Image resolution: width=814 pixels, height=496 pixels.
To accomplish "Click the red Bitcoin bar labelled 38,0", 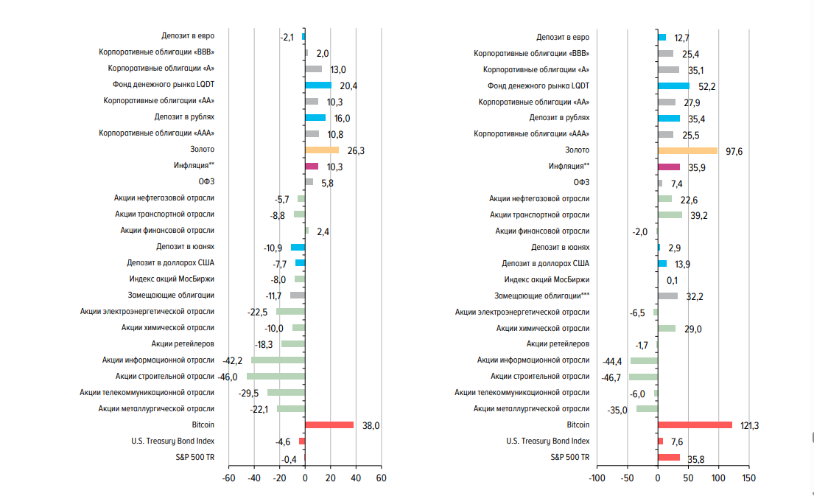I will [329, 425].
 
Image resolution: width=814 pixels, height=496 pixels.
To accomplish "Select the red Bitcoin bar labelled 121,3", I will [695, 425].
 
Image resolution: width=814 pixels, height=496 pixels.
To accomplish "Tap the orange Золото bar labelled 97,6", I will [687, 150].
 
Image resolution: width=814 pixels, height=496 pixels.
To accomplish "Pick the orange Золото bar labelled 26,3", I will [322, 150].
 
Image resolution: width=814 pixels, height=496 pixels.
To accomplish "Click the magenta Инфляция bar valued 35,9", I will [669, 167].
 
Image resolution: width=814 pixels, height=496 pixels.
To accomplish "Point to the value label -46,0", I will [228, 377].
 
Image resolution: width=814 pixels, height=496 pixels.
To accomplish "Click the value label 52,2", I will [707, 86].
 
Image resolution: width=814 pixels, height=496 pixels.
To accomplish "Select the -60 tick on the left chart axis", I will [228, 478].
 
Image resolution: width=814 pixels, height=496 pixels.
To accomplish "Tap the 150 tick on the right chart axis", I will [748, 478].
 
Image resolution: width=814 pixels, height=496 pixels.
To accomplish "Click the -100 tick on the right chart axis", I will [596, 478].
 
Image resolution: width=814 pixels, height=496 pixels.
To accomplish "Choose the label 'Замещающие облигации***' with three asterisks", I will [543, 295].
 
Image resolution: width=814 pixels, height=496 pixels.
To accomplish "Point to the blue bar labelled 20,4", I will [318, 85].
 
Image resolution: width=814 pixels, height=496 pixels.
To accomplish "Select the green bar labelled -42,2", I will [278, 360].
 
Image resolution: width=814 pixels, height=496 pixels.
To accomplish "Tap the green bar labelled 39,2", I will [670, 214].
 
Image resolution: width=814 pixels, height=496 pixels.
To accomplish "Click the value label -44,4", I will [613, 361].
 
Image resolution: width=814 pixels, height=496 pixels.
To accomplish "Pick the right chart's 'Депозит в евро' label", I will [563, 36].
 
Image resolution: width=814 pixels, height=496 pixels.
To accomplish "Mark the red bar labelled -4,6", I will [302, 441].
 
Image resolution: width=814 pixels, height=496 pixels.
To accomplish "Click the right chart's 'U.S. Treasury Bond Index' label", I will [547, 441].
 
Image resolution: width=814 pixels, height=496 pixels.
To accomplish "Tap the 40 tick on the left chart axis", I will [356, 478].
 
